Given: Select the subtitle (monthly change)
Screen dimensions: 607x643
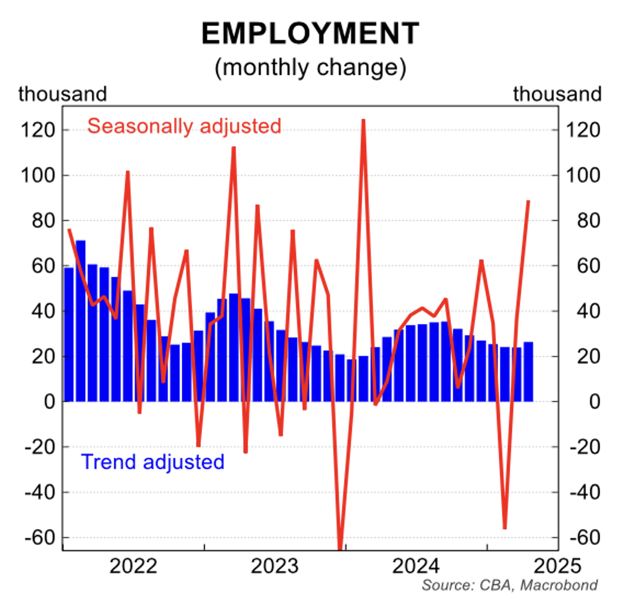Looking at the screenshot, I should click(x=310, y=67).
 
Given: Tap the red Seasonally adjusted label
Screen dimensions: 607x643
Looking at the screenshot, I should click(x=184, y=126).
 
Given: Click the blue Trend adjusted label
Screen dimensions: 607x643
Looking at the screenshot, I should click(x=152, y=462).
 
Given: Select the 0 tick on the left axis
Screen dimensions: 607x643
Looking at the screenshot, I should click(x=49, y=402).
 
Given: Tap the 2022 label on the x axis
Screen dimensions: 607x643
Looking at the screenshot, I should click(x=134, y=567).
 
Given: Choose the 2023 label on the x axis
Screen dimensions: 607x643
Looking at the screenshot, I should click(x=275, y=567).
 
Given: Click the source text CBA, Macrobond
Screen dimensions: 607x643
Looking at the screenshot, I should click(x=510, y=585).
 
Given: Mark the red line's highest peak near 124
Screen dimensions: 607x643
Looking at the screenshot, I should click(x=363, y=120).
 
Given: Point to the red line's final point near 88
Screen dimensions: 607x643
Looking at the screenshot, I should click(x=528, y=202).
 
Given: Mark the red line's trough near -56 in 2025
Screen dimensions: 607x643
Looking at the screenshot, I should click(x=504, y=528).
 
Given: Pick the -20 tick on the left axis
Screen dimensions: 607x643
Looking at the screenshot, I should click(x=41, y=447).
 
